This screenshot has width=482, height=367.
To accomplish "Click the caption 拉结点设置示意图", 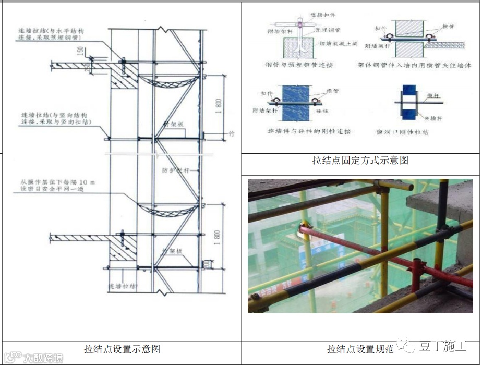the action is click(x=122, y=349).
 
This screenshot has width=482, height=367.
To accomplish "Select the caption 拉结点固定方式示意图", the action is click(x=360, y=161).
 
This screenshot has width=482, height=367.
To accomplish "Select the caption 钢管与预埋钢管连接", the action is click(x=298, y=65).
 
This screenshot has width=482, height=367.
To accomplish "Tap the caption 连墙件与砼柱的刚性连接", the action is click(x=309, y=131).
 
